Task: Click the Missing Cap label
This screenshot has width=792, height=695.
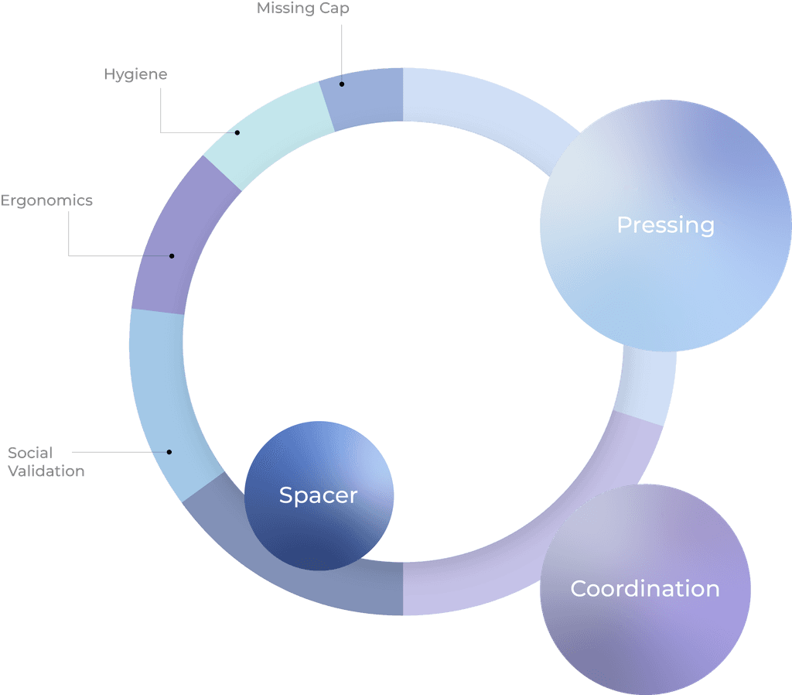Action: (303, 9)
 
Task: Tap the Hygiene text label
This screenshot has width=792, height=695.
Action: (135, 74)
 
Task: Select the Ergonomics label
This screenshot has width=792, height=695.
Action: (46, 200)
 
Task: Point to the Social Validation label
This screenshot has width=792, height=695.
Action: (46, 461)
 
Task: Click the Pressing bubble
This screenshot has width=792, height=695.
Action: (665, 225)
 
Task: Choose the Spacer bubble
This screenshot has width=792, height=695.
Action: (319, 495)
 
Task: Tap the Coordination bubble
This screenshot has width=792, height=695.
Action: (645, 589)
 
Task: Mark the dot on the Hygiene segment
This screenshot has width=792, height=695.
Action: (237, 132)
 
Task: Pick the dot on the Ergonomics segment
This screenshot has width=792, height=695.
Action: (172, 255)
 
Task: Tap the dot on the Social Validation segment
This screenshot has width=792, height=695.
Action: (169, 452)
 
